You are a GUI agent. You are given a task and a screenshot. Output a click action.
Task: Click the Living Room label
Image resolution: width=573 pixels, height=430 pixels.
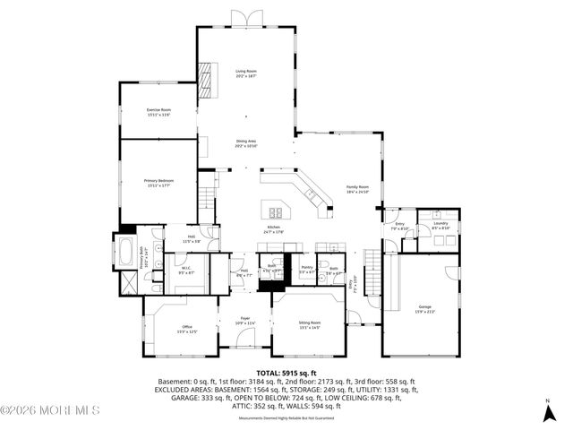tap(246, 73)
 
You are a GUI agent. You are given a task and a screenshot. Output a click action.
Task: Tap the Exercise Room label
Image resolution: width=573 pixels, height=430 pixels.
tap(158, 112)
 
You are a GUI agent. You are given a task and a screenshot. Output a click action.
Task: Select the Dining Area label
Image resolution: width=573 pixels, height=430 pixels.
tap(246, 143)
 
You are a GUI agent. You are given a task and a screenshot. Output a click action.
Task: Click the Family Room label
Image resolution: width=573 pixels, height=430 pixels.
tap(358, 189)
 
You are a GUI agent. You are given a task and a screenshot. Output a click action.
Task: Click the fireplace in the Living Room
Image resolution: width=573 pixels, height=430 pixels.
tap(208, 78)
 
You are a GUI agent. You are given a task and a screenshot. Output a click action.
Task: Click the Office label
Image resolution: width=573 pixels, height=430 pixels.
tap(187, 329)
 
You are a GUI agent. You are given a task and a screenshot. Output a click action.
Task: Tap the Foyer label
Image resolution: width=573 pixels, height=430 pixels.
tap(244, 320)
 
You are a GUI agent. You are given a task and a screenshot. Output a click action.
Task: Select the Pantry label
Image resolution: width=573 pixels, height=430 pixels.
tap(306, 268)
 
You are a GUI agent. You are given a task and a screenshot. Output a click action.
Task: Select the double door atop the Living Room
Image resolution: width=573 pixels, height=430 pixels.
tap(244, 19)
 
